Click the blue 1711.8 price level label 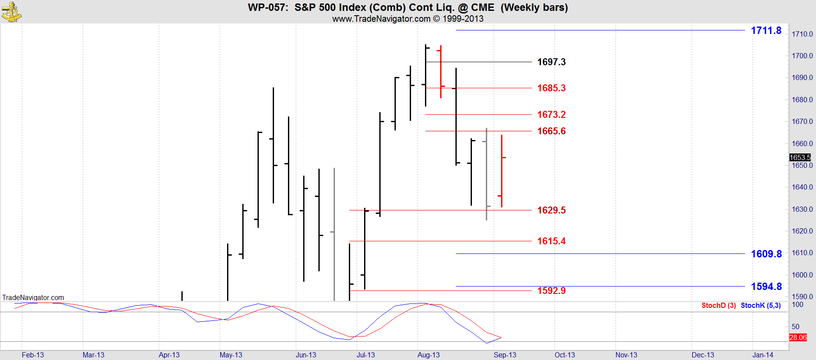click(x=766, y=30)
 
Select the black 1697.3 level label click(x=551, y=62)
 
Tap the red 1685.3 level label click(x=551, y=88)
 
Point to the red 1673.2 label click(x=551, y=114)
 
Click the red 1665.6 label click(x=551, y=131)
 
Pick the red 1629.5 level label click(x=551, y=210)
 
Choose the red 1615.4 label click(x=551, y=241)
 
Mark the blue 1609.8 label click(x=766, y=254)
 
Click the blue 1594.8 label click(x=766, y=287)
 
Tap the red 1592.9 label click(x=551, y=290)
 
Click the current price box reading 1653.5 click(x=800, y=157)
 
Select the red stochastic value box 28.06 click(x=798, y=337)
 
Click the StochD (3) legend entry click(x=718, y=305)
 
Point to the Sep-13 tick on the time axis click(x=505, y=355)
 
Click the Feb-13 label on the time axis click(x=33, y=355)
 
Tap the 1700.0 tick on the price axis click(x=802, y=56)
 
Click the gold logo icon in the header click(x=11, y=12)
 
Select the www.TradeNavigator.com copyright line click(x=408, y=19)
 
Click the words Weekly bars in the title click(x=534, y=7)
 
